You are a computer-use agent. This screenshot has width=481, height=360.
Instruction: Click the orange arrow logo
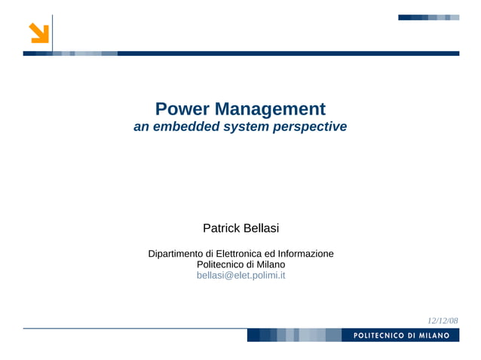click(39, 33)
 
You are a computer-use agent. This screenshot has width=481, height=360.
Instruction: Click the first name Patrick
click(220, 228)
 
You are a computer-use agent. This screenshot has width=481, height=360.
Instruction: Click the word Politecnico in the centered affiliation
click(220, 265)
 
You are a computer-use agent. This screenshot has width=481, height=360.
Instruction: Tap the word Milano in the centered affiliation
click(271, 265)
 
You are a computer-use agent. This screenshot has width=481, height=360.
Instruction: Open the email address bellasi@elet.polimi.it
click(240, 276)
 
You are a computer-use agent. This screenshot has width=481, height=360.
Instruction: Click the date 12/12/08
click(443, 321)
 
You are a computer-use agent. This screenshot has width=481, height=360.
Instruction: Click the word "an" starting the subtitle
click(141, 127)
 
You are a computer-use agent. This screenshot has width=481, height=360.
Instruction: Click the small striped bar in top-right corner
click(428, 17)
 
